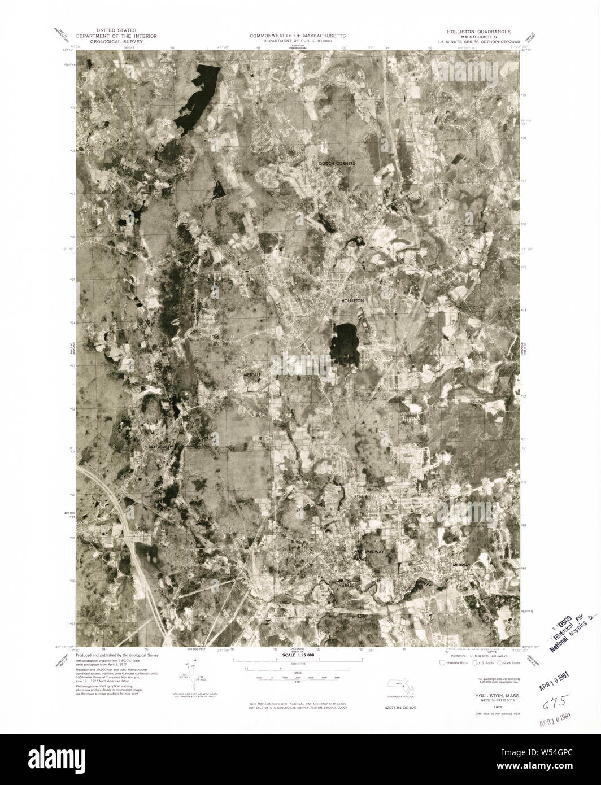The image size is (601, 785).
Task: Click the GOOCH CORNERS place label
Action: (336, 163)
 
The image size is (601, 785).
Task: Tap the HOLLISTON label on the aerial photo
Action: (352, 301)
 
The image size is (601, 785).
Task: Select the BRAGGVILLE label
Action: (159, 448)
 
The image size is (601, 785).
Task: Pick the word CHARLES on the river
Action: (345, 586)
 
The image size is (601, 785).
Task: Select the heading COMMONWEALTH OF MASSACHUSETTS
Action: (299, 35)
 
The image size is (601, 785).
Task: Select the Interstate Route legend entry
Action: (454, 663)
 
